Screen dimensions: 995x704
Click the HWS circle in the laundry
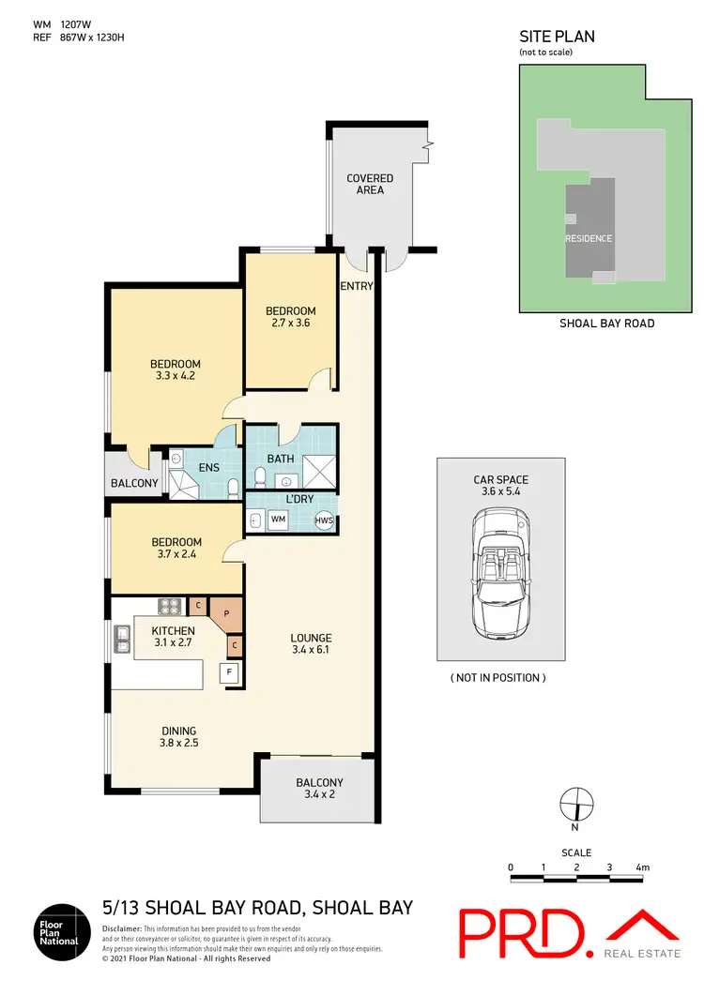pos(323,520)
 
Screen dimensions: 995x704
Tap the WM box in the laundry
pos(279,519)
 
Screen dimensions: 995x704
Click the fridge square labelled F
pos(227,671)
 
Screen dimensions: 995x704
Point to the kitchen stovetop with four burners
pos(169,606)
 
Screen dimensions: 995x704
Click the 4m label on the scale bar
pos(643,867)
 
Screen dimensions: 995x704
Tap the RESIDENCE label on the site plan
pos(589,238)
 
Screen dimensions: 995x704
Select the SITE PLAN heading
pos(557,37)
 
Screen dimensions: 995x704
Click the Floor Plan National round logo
pos(62,932)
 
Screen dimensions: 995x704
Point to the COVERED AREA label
pos(370,184)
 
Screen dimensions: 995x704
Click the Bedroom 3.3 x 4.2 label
pos(176,370)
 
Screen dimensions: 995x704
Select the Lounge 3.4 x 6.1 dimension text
pos(313,642)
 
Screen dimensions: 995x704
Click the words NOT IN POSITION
pos(498,677)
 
